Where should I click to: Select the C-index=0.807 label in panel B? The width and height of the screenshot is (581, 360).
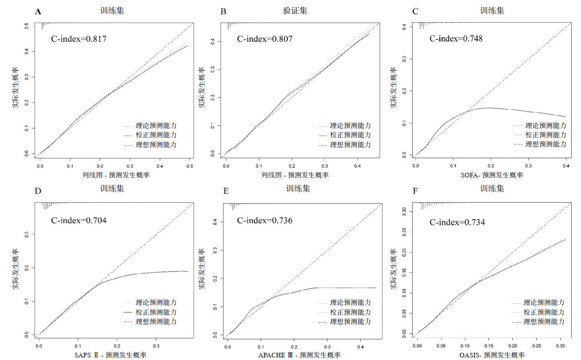point(265,39)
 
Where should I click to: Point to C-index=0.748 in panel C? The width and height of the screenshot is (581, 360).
point(456,39)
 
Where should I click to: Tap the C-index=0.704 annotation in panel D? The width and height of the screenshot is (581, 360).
point(79,221)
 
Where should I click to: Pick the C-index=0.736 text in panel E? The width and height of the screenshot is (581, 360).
point(265,221)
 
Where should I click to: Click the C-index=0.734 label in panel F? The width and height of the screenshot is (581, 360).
point(457,222)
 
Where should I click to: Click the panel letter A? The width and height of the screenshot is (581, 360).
point(38,11)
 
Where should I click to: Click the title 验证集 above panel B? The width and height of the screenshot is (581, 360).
point(294,10)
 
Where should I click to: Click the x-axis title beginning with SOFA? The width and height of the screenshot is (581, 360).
point(491,175)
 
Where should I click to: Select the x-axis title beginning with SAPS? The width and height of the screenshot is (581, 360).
point(115,355)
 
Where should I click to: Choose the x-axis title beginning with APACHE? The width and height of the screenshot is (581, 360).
point(298,355)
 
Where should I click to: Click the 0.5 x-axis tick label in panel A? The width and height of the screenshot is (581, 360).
point(189,167)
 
